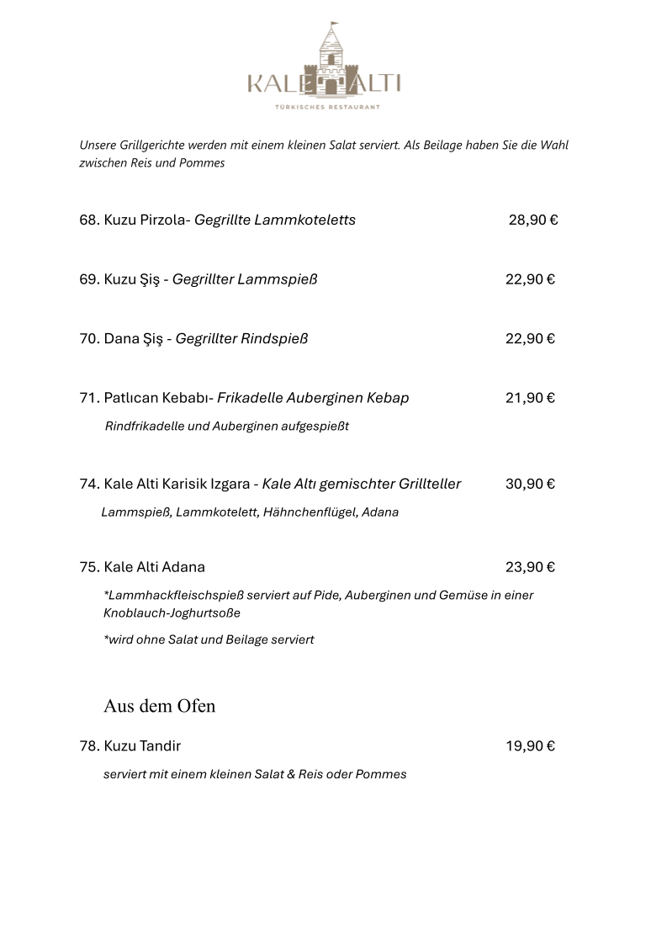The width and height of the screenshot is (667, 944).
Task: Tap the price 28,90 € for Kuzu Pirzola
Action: (x=533, y=220)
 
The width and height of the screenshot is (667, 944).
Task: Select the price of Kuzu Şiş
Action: (x=530, y=279)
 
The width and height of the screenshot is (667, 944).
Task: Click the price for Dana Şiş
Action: (x=530, y=339)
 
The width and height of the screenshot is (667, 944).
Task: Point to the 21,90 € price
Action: (x=530, y=398)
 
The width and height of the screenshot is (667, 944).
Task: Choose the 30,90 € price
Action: (x=530, y=484)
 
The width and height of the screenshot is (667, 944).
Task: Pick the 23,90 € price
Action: (x=530, y=567)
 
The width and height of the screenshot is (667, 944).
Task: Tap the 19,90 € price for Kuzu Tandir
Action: (x=530, y=746)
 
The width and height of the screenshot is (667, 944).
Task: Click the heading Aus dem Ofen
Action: (x=159, y=706)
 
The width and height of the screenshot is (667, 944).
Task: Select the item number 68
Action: (x=89, y=220)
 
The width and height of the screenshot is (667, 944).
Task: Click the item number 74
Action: (x=89, y=484)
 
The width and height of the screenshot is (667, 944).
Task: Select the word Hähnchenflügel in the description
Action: (x=310, y=512)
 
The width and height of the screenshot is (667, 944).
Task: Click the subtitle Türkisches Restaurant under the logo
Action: (x=328, y=107)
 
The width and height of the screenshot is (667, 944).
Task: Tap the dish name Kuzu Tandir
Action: (x=142, y=746)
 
